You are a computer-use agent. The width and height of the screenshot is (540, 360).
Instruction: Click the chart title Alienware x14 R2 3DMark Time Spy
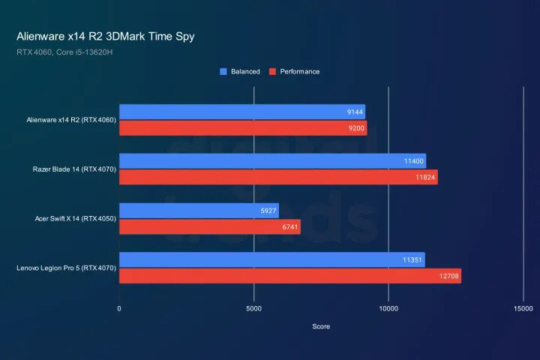(x=105, y=36)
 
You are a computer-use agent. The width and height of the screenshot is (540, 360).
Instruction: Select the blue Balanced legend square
(x=223, y=72)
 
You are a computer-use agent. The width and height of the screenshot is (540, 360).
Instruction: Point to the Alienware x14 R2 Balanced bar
(x=241, y=112)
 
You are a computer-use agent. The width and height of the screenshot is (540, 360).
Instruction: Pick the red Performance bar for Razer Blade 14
(x=277, y=178)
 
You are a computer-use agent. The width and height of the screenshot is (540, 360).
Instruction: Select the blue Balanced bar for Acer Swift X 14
(x=198, y=210)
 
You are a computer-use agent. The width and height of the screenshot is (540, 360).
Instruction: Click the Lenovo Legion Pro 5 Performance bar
(x=289, y=276)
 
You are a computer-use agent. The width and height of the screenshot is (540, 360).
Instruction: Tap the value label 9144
(x=355, y=112)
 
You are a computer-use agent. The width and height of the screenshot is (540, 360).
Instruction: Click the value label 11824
(x=425, y=178)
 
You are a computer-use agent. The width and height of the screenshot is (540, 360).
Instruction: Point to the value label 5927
(x=268, y=210)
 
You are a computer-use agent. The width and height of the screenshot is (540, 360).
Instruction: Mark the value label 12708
(x=449, y=276)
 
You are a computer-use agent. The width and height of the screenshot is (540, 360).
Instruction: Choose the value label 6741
(x=289, y=226)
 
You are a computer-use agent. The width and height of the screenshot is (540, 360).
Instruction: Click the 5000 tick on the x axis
(x=253, y=309)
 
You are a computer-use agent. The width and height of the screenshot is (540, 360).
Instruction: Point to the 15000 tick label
(x=523, y=309)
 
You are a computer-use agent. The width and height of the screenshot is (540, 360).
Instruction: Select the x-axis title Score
(x=321, y=326)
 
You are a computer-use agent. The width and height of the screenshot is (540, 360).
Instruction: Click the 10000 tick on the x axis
(x=388, y=309)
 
